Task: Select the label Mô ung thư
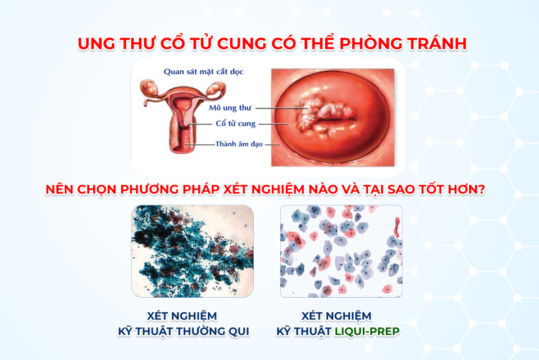[x=230, y=107]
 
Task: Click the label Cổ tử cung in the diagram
[x=235, y=124]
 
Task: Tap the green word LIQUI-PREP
[x=368, y=331]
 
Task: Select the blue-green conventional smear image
[x=192, y=251]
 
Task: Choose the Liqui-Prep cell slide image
[x=341, y=251]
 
